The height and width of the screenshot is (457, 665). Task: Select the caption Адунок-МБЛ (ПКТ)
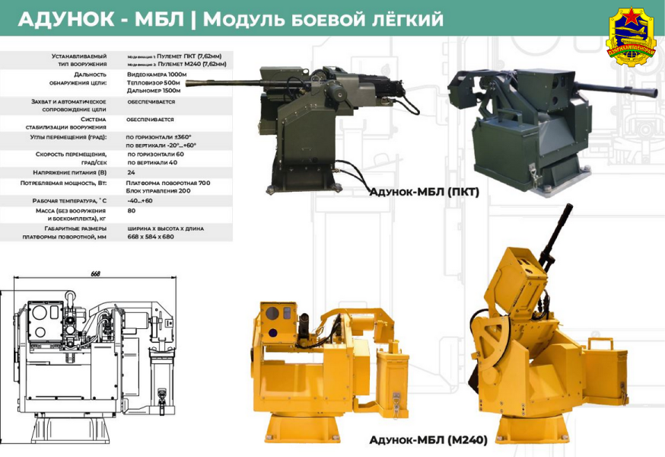coord(424,192)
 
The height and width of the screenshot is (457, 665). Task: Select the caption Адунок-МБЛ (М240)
coord(428,439)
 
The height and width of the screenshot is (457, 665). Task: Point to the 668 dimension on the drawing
coord(96,274)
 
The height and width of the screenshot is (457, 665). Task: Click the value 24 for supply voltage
coord(131,172)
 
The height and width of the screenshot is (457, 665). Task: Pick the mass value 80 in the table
coord(132,211)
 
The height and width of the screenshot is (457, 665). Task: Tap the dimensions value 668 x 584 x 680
coord(151,236)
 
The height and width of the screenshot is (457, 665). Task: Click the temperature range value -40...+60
coord(140,200)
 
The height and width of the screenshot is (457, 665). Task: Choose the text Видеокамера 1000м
coord(157,75)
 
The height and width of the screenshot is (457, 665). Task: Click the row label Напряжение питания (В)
coord(73,172)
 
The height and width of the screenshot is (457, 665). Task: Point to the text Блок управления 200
coord(158,190)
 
